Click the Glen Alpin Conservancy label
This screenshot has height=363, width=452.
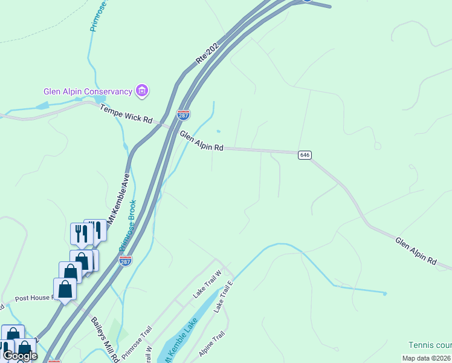(x=88, y=92)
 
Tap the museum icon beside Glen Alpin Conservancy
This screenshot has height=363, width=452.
(x=143, y=91)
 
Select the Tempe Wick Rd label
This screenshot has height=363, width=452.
(x=126, y=113)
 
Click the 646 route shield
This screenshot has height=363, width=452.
(x=305, y=155)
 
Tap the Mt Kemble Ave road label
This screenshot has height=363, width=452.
(x=119, y=198)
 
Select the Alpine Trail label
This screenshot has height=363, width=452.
(x=211, y=343)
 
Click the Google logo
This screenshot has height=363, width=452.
(x=20, y=356)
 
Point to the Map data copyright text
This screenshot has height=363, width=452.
(x=426, y=358)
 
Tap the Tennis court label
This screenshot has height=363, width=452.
(x=430, y=345)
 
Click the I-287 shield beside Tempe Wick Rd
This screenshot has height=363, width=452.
(x=184, y=114)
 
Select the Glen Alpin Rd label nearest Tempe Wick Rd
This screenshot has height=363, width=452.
(x=202, y=143)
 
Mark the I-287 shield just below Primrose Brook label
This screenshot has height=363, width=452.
(x=125, y=261)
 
